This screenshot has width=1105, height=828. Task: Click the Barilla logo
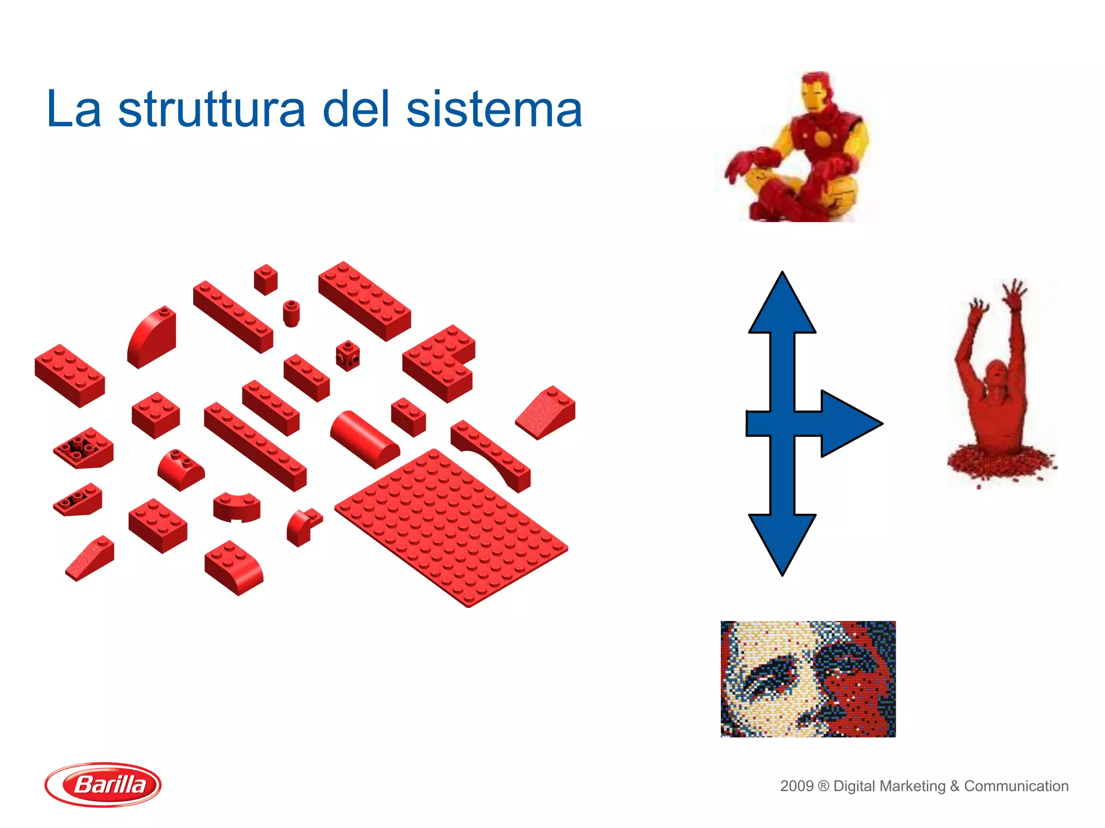click(x=103, y=784)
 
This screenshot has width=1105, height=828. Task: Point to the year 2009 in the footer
click(x=796, y=786)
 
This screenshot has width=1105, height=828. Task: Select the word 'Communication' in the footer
click(x=1016, y=786)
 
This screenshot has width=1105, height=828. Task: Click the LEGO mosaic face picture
click(x=808, y=679)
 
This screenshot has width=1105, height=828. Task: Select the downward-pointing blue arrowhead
click(x=782, y=542)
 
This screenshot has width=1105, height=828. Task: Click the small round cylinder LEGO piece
click(x=291, y=313)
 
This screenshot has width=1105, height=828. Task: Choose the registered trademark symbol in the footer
click(x=823, y=786)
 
